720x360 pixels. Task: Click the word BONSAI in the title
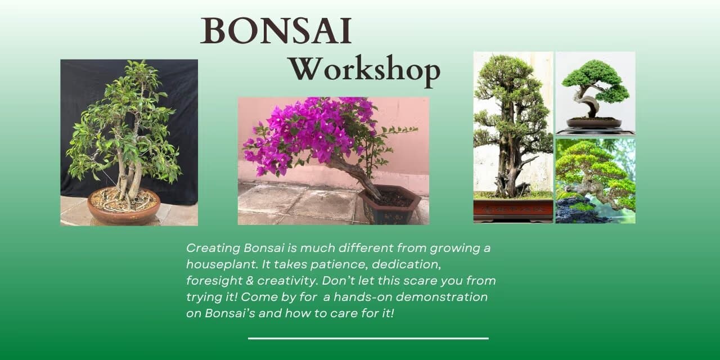[x=276, y=31]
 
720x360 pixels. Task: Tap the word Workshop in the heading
[x=364, y=71]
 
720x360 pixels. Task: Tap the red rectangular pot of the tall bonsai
[x=513, y=209]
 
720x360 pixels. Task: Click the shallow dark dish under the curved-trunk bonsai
[x=594, y=123]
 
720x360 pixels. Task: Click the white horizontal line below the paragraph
[x=368, y=339]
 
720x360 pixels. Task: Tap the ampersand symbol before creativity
[x=247, y=280]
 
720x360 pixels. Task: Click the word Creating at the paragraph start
[x=213, y=247]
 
